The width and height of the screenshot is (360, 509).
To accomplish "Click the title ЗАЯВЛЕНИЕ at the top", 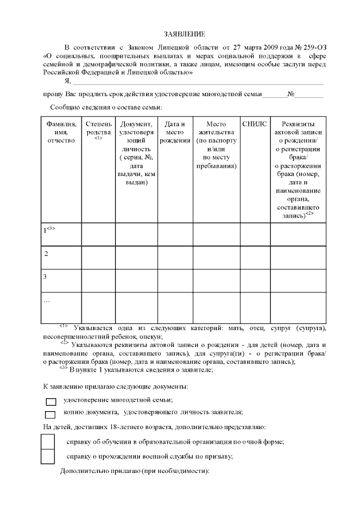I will (x=180, y=35).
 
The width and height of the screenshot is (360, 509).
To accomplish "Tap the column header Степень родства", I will (x=98, y=128).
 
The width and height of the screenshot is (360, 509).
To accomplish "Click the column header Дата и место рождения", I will (x=175, y=132).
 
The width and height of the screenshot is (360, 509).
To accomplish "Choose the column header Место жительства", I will (x=216, y=145).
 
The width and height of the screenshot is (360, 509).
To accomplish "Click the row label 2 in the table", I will (x=46, y=254).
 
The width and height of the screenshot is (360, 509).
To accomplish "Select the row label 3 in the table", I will (x=45, y=277).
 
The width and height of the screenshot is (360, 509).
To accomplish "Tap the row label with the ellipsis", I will (x=47, y=301).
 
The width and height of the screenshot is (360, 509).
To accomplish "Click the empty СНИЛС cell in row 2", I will (x=255, y=257).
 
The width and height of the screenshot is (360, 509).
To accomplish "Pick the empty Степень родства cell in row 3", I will (x=98, y=281).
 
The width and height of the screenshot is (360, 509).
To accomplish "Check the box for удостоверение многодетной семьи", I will (x=51, y=402).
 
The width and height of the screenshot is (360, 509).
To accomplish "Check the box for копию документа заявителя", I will (x=51, y=415).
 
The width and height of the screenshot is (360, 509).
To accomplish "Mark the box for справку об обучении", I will (x=48, y=442).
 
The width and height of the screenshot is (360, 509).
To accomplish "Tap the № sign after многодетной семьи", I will (x=291, y=94).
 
